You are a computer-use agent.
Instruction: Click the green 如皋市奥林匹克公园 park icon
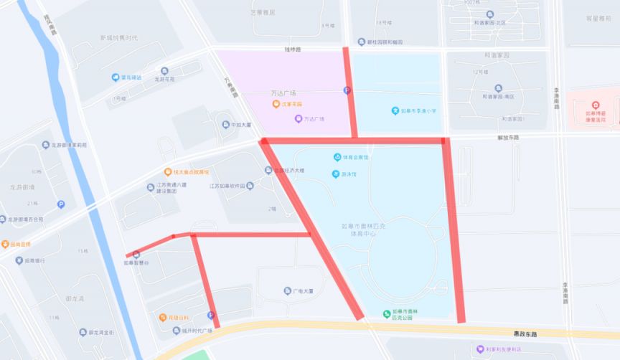pos(387,313)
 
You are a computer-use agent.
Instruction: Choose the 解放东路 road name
pos(507,137)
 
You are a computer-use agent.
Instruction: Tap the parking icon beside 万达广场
pos(347,90)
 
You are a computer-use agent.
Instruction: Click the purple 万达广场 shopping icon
pos(299,119)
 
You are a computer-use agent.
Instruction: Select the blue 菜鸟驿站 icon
pos(115,77)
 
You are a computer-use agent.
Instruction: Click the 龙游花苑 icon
pos(164,71)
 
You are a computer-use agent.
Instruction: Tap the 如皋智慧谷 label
pos(136,263)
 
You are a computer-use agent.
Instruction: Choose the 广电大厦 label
pos(304,291)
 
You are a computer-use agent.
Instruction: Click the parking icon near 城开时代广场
pos(211,315)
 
